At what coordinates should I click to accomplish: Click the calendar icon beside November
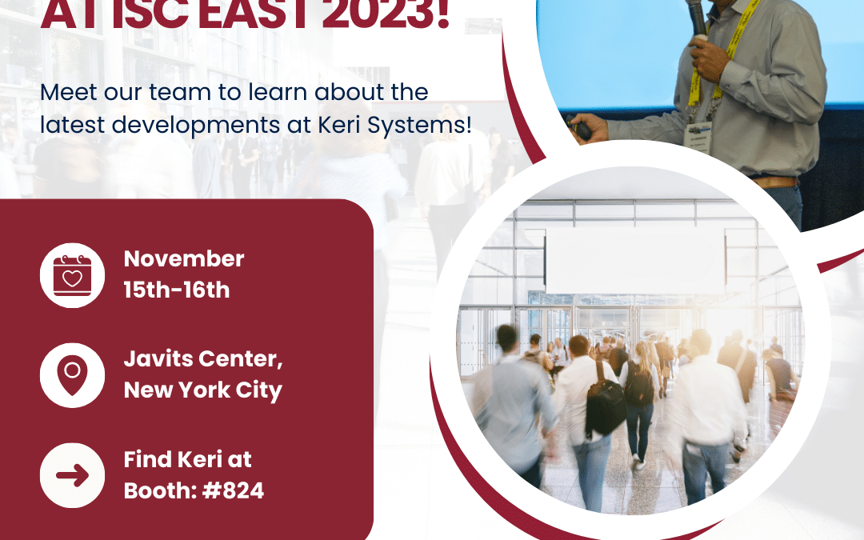72,274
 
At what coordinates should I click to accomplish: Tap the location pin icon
72,374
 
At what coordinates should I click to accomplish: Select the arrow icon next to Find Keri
72,475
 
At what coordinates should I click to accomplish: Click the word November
184,259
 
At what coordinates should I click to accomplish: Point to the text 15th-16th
176,290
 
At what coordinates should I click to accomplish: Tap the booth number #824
233,490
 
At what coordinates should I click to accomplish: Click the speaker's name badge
696,134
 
